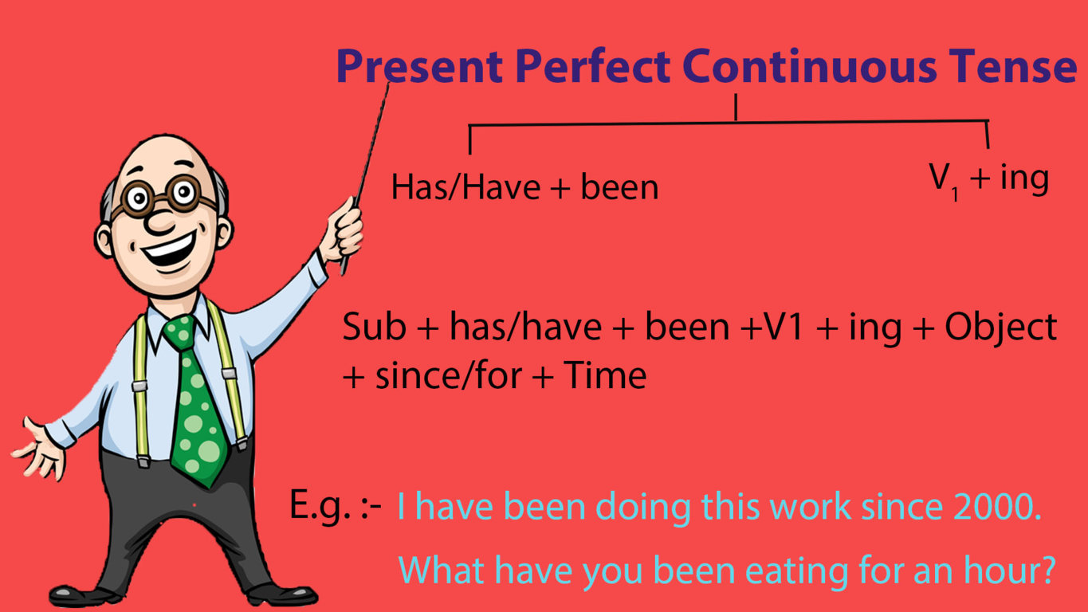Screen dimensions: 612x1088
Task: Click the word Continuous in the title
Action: click(x=810, y=66)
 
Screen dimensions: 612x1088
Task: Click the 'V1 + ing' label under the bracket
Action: click(x=988, y=180)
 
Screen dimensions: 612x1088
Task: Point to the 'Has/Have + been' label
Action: click(x=524, y=188)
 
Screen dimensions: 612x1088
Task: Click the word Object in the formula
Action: click(x=1001, y=328)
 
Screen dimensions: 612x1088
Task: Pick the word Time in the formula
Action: click(x=605, y=375)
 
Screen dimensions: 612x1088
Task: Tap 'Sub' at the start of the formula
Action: click(x=373, y=328)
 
